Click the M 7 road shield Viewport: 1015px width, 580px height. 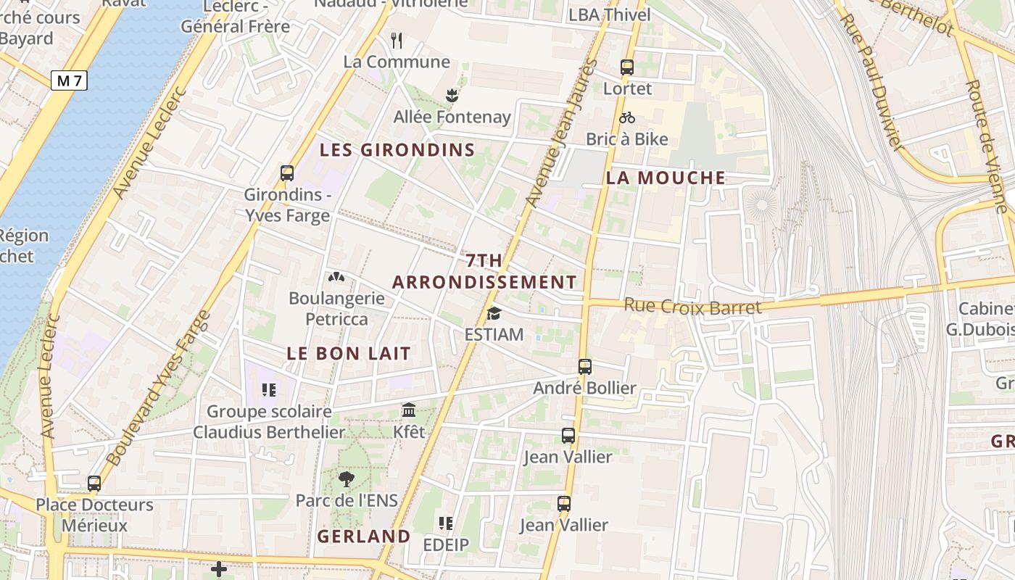[x=70, y=80]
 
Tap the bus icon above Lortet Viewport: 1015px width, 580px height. [x=627, y=67]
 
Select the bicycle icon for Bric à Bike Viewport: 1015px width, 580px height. [x=627, y=117]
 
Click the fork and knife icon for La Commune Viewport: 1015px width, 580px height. [x=397, y=40]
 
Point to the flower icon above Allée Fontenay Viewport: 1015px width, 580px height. [x=452, y=95]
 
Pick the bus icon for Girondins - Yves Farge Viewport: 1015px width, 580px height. [x=287, y=173]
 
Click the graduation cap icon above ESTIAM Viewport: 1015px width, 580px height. [x=494, y=313]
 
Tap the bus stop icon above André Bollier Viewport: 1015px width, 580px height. [x=585, y=367]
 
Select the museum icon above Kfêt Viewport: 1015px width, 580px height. [x=409, y=410]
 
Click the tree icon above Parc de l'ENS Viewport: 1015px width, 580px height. [x=347, y=478]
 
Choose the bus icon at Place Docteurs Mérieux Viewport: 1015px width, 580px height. [x=94, y=483]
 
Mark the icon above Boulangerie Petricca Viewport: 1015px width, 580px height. [x=336, y=276]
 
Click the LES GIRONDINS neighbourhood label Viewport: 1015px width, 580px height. [x=397, y=150]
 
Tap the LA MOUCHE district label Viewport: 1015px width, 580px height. [x=666, y=178]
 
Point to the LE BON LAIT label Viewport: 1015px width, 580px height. [x=349, y=353]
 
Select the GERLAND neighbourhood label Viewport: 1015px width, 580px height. [x=364, y=536]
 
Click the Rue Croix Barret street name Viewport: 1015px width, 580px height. [x=692, y=307]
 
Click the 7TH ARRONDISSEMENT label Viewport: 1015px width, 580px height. [x=484, y=271]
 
